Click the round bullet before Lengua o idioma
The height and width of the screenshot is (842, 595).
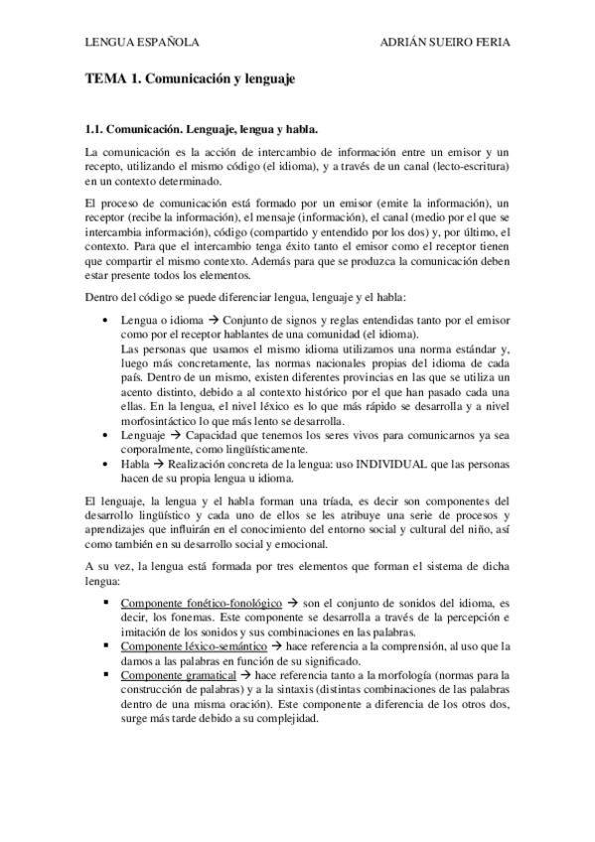pos(106,322)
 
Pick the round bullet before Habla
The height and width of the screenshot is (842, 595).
pos(106,465)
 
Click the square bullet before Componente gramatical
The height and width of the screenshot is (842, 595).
pos(106,674)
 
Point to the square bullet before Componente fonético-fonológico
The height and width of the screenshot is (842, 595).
pos(106,603)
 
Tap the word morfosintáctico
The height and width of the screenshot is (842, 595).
pos(161,421)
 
